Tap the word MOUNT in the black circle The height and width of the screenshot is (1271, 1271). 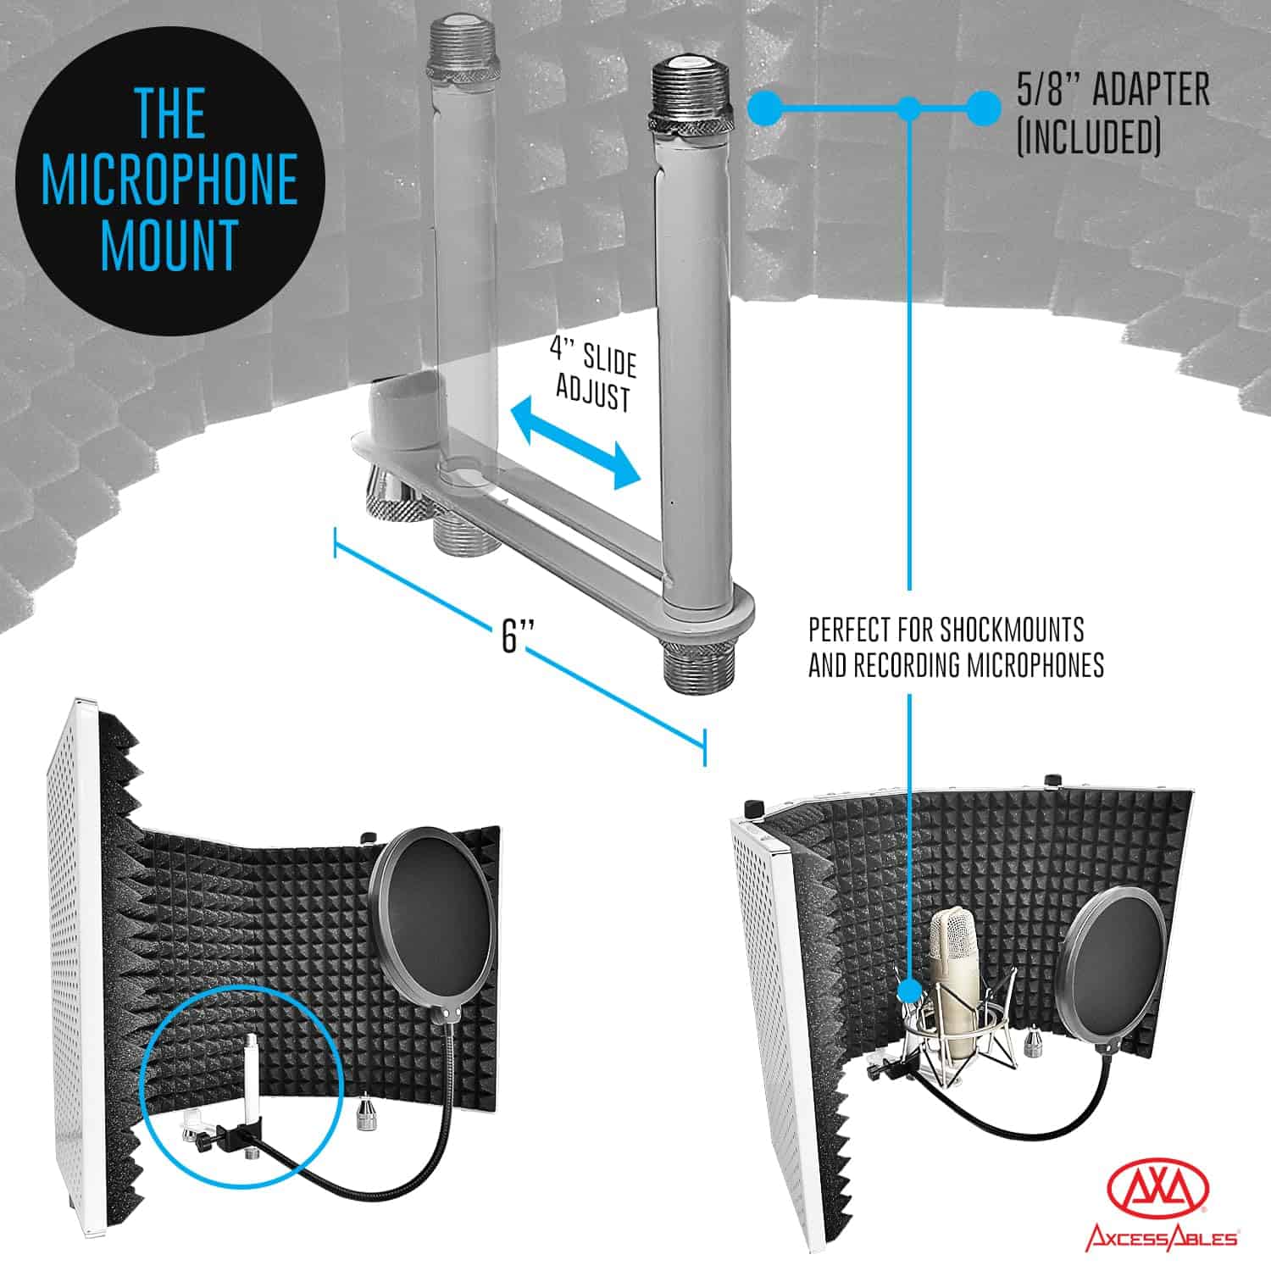[x=169, y=243]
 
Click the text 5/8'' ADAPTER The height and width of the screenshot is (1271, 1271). [x=1113, y=90]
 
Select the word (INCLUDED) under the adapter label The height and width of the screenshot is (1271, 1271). [x=1088, y=136]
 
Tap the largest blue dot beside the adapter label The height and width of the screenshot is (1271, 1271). [x=982, y=108]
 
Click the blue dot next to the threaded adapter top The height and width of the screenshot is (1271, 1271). [x=766, y=108]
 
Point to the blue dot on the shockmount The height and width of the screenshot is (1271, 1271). [x=909, y=991]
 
